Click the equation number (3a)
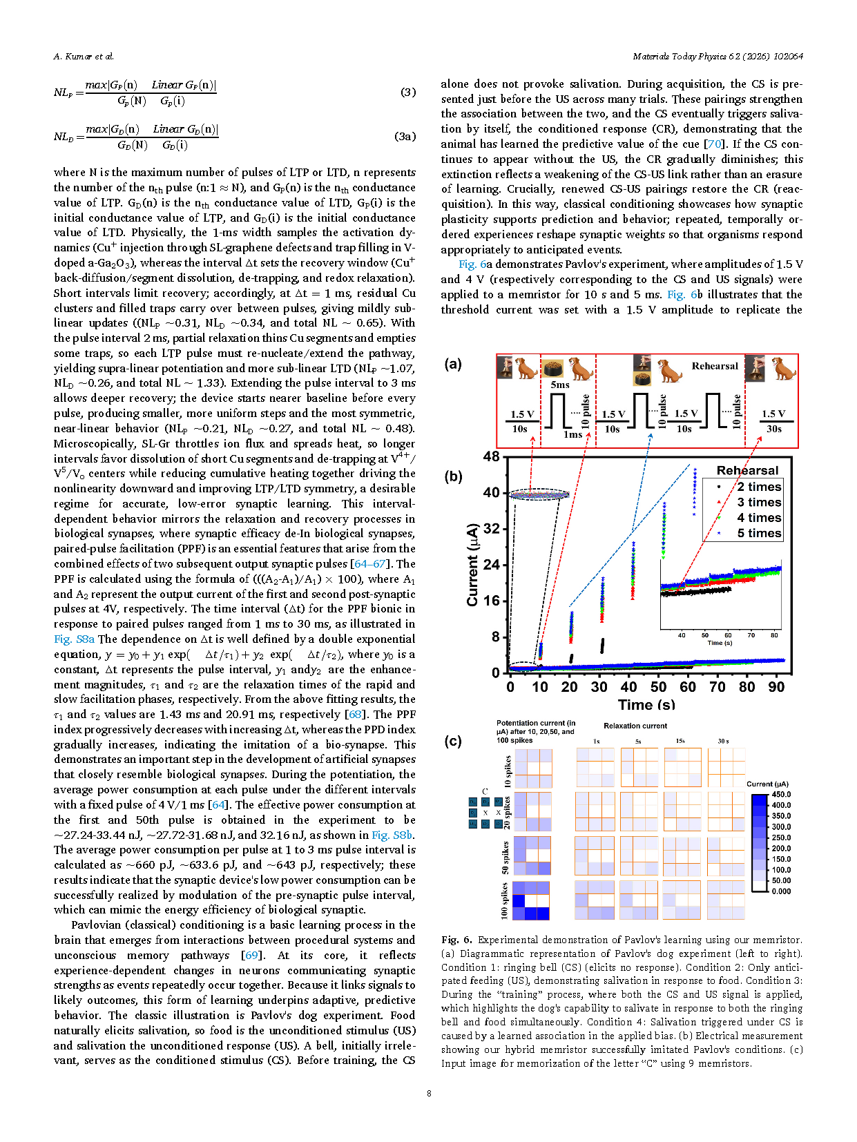pyautogui.click(x=405, y=136)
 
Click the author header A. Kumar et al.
pyautogui.click(x=84, y=57)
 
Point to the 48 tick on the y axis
pyautogui.click(x=491, y=456)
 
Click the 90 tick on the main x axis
pyautogui.click(x=776, y=687)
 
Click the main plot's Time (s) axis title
pyautogui.click(x=646, y=705)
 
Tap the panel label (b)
pyautogui.click(x=453, y=476)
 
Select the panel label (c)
pyautogui.click(x=453, y=741)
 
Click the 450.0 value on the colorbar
pyautogui.click(x=781, y=795)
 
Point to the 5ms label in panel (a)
pyautogui.click(x=560, y=385)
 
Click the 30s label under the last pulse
pyautogui.click(x=774, y=429)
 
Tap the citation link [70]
pyautogui.click(x=713, y=144)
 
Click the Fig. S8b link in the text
pyautogui.click(x=392, y=835)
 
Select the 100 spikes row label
pyautogui.click(x=505, y=900)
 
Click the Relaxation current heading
pyautogui.click(x=635, y=726)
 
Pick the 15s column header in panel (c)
pyautogui.click(x=680, y=741)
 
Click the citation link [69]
pyautogui.click(x=251, y=955)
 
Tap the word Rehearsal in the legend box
pyautogui.click(x=747, y=470)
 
